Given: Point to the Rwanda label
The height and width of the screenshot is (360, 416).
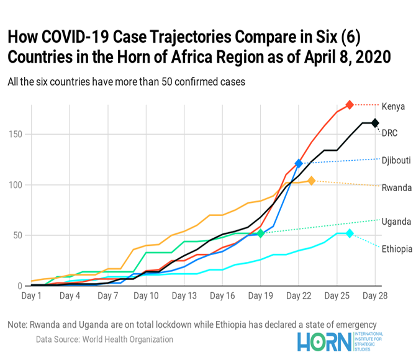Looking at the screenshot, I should click(396, 187).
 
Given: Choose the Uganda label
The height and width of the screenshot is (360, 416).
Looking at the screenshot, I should click(396, 222).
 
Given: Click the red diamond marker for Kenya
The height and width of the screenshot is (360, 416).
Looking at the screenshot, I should click(350, 105).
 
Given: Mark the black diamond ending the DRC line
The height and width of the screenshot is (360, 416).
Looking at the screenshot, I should click(375, 123).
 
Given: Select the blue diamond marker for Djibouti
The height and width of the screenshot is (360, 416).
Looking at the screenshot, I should click(299, 163).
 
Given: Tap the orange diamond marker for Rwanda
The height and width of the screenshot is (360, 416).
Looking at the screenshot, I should click(312, 181).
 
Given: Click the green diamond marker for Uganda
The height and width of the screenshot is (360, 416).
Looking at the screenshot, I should click(261, 233).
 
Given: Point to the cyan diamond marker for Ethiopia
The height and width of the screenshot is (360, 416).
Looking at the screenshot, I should click(350, 233).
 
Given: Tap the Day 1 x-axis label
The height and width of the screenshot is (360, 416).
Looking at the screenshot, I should click(32, 296).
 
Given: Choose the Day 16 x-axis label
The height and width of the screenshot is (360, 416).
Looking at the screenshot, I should click(222, 296).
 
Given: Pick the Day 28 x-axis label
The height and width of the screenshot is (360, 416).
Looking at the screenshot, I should click(375, 296).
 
